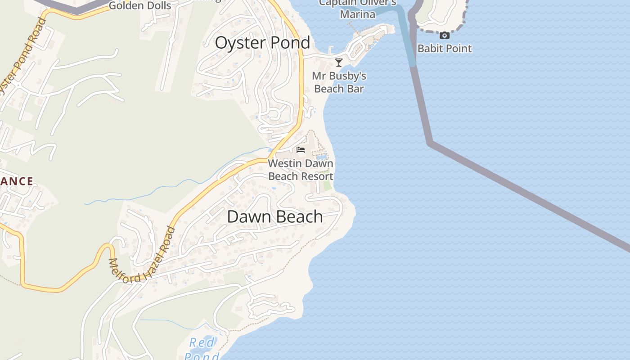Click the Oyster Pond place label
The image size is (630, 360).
(262, 43)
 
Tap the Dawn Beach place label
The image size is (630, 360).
(274, 216)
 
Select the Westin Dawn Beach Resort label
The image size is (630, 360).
(301, 170)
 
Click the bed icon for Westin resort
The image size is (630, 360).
(301, 150)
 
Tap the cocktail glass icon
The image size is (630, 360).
(339, 63)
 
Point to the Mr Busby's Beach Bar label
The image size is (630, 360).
(339, 82)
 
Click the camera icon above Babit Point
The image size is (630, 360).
(445, 36)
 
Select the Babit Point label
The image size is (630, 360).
(445, 49)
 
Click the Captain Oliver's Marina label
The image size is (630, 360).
(358, 9)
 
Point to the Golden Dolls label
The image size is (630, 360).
(140, 6)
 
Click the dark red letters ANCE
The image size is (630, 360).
(17, 181)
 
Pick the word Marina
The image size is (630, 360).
(358, 14)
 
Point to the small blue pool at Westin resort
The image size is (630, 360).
(322, 157)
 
